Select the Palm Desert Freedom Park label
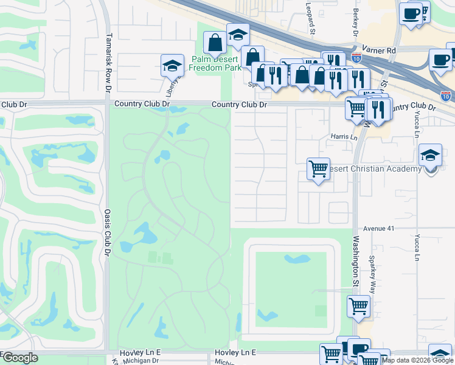(x=215, y=63)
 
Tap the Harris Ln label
(x=344, y=137)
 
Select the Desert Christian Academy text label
(x=377, y=169)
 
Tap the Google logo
(x=19, y=358)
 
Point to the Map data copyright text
(x=417, y=360)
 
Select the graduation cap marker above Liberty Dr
(x=172, y=65)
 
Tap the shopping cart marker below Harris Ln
(x=318, y=168)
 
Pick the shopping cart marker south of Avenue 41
(x=358, y=306)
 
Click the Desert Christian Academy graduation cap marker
(x=431, y=156)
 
